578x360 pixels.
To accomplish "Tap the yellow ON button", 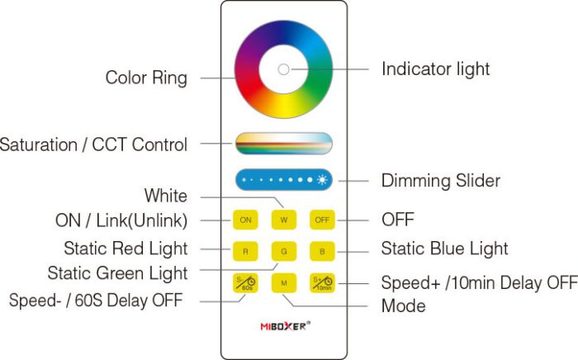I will point(245,220).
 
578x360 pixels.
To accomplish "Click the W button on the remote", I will point(283,220).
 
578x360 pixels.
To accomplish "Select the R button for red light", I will point(245,250).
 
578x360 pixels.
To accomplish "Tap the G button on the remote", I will point(283,250).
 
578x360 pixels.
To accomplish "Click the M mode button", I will point(283,282).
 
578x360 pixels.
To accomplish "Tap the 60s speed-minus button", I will point(245,282).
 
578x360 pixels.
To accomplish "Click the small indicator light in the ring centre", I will point(283,69).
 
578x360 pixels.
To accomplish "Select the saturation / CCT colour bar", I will point(283,143).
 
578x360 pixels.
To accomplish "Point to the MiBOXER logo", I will point(283,325).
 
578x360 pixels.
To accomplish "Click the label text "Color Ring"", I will point(146,78).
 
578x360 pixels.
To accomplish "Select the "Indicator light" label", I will point(435,69).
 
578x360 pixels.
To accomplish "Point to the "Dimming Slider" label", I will point(440,180).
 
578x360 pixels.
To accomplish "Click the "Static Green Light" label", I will point(117,272).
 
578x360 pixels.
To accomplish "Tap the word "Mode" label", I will point(403,306).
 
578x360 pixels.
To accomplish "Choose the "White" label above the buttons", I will point(165,196).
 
